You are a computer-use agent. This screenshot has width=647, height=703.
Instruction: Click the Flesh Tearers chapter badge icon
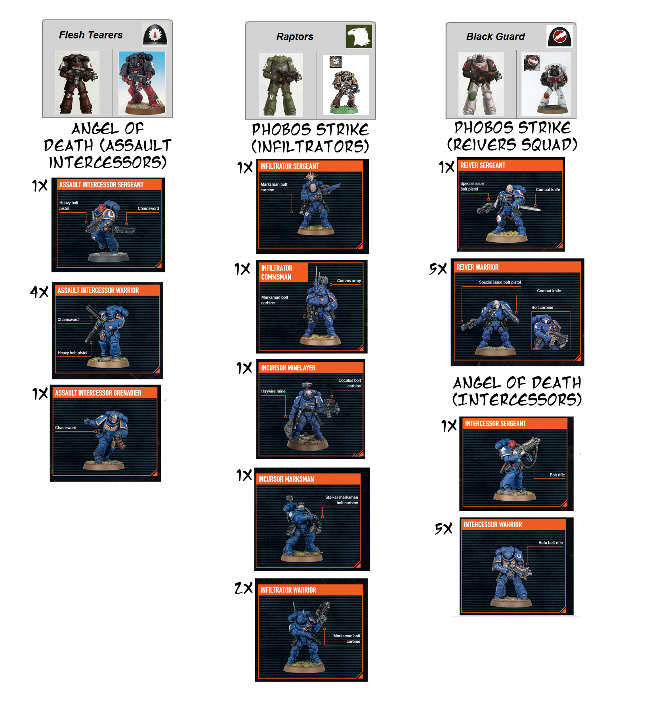click(x=155, y=34)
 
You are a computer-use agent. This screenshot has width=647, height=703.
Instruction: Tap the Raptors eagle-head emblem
click(x=359, y=36)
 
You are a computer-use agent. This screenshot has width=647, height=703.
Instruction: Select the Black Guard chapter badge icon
click(x=559, y=36)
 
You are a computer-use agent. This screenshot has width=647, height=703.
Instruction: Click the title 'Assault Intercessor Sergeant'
click(x=101, y=185)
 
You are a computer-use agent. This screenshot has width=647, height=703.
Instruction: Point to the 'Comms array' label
click(x=349, y=280)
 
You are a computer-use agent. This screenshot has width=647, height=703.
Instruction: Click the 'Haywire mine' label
click(x=273, y=391)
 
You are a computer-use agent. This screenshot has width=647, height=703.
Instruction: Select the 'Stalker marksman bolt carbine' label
click(x=342, y=500)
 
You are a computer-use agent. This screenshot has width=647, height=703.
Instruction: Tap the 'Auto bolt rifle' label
click(x=550, y=543)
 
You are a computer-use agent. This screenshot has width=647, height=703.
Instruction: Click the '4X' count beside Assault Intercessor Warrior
click(x=39, y=292)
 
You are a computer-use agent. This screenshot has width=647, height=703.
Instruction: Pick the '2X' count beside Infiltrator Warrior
click(x=243, y=588)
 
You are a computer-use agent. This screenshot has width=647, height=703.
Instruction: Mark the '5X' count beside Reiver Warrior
click(x=438, y=269)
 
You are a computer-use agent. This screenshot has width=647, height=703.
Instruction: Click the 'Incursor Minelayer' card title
click(x=288, y=368)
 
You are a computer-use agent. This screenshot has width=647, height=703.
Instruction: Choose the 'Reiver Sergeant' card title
click(x=483, y=166)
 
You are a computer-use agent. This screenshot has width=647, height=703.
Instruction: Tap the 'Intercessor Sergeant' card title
click(x=495, y=424)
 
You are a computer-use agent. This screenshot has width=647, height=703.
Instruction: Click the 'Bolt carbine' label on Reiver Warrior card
click(x=542, y=307)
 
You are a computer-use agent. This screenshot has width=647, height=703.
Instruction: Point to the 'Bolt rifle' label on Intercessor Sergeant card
click(x=557, y=475)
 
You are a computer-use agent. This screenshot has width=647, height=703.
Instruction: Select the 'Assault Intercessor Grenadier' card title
click(x=98, y=393)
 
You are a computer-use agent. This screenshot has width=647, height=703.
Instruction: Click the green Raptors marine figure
click(x=281, y=84)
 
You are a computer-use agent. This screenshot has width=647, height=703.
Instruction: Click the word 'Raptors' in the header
click(x=295, y=36)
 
